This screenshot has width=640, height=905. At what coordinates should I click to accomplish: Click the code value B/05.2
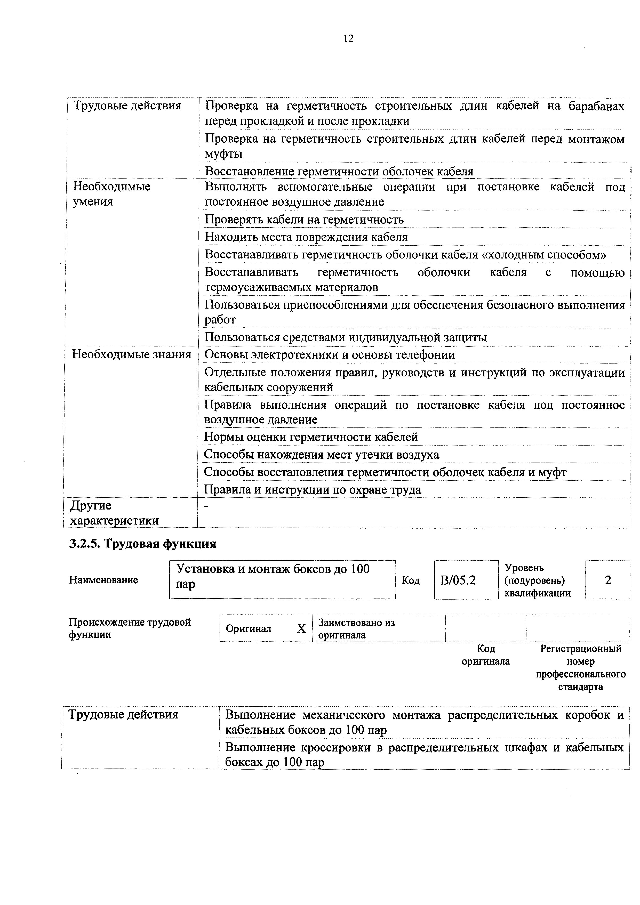coord(458,580)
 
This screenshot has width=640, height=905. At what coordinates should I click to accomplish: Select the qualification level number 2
coord(608,580)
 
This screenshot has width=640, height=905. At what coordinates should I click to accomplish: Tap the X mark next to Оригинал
coord(301,628)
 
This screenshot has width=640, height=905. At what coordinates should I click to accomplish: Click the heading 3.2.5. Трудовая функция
coord(143,544)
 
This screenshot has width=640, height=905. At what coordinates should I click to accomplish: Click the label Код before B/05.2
coord(411,580)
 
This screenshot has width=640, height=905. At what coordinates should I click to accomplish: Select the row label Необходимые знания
coord(132,354)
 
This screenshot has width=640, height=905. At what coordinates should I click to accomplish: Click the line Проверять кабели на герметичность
coord(304,220)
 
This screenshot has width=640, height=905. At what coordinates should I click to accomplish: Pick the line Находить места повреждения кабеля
coord(306,237)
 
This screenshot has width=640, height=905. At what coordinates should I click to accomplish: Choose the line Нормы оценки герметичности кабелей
coord(311,437)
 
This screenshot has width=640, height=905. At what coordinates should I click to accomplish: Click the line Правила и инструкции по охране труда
coord(312,490)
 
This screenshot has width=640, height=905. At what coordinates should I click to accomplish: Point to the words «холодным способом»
coord(544,255)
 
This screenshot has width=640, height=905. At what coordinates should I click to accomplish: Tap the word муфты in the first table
coord(223,154)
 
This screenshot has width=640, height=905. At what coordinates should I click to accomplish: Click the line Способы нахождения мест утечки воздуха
coord(321,455)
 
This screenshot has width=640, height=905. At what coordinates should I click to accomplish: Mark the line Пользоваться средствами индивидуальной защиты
coord(346,337)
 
